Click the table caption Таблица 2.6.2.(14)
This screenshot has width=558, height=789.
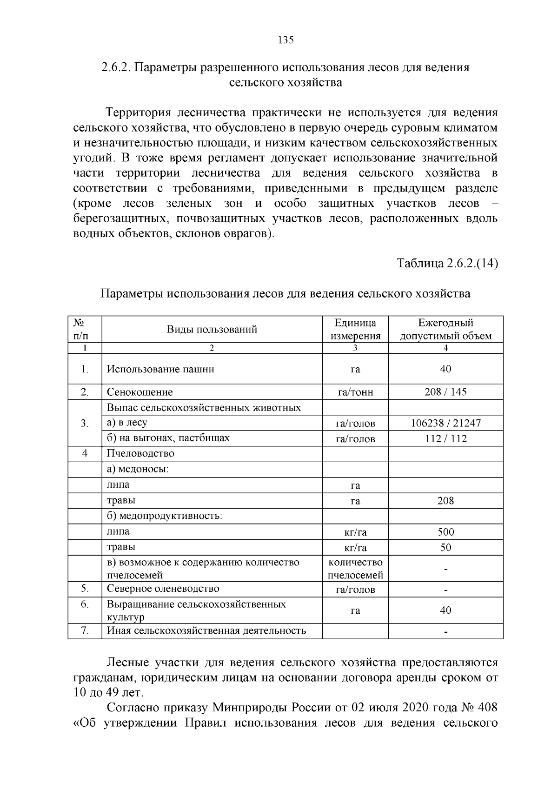click(x=447, y=264)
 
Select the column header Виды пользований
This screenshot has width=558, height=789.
click(x=212, y=330)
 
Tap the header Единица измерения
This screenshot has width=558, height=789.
click(x=355, y=329)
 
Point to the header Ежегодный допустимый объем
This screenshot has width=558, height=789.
click(x=445, y=329)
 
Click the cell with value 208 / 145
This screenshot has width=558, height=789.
click(x=445, y=392)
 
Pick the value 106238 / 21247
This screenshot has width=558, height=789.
click(x=445, y=423)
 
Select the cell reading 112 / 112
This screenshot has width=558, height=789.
click(x=445, y=438)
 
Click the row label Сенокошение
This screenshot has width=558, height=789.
click(x=139, y=392)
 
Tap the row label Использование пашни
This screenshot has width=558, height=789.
click(x=160, y=369)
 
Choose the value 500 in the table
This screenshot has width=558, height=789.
click(x=445, y=532)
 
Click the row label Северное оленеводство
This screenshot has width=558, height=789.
click(x=163, y=589)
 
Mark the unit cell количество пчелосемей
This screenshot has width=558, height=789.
click(x=355, y=569)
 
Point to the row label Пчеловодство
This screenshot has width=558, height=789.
click(x=140, y=453)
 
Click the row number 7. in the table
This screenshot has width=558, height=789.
click(x=85, y=631)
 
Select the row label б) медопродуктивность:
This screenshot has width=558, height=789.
click(x=165, y=516)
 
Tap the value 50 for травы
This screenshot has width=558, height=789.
click(x=445, y=547)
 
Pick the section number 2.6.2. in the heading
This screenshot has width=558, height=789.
click(x=117, y=67)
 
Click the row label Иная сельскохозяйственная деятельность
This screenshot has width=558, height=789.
click(x=206, y=631)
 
